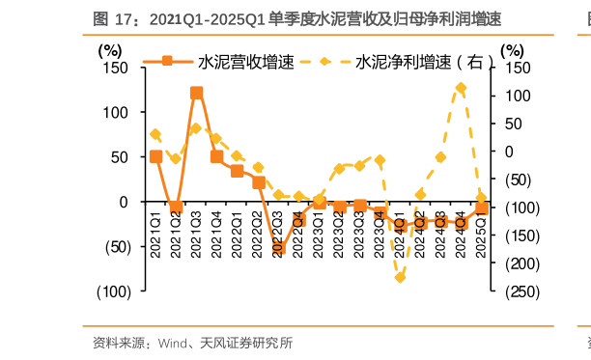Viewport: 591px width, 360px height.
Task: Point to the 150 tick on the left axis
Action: coord(116,68)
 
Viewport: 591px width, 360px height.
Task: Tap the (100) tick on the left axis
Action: coord(113,291)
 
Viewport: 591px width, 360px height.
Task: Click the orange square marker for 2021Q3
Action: coord(196,94)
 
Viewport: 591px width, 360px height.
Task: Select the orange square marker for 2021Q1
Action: coord(155,156)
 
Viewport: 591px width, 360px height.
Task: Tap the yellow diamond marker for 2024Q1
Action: coord(400,277)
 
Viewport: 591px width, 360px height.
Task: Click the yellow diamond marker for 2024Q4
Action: coord(461,88)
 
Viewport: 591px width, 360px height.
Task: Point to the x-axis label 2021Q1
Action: coord(155,224)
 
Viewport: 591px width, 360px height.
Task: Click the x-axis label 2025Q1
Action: coord(481,232)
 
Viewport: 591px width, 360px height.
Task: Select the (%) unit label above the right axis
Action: coord(513,49)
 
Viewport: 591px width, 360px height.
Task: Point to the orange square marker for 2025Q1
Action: coord(481,208)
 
